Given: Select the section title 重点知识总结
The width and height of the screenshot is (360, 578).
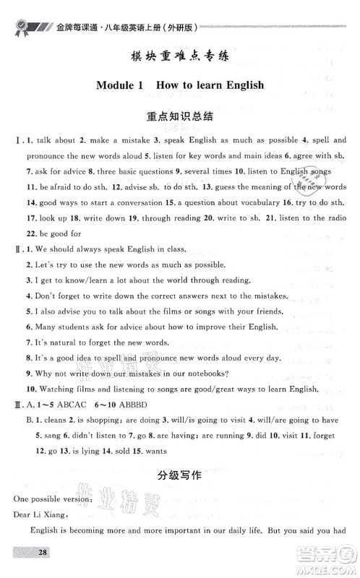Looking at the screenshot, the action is (x=179, y=116).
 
